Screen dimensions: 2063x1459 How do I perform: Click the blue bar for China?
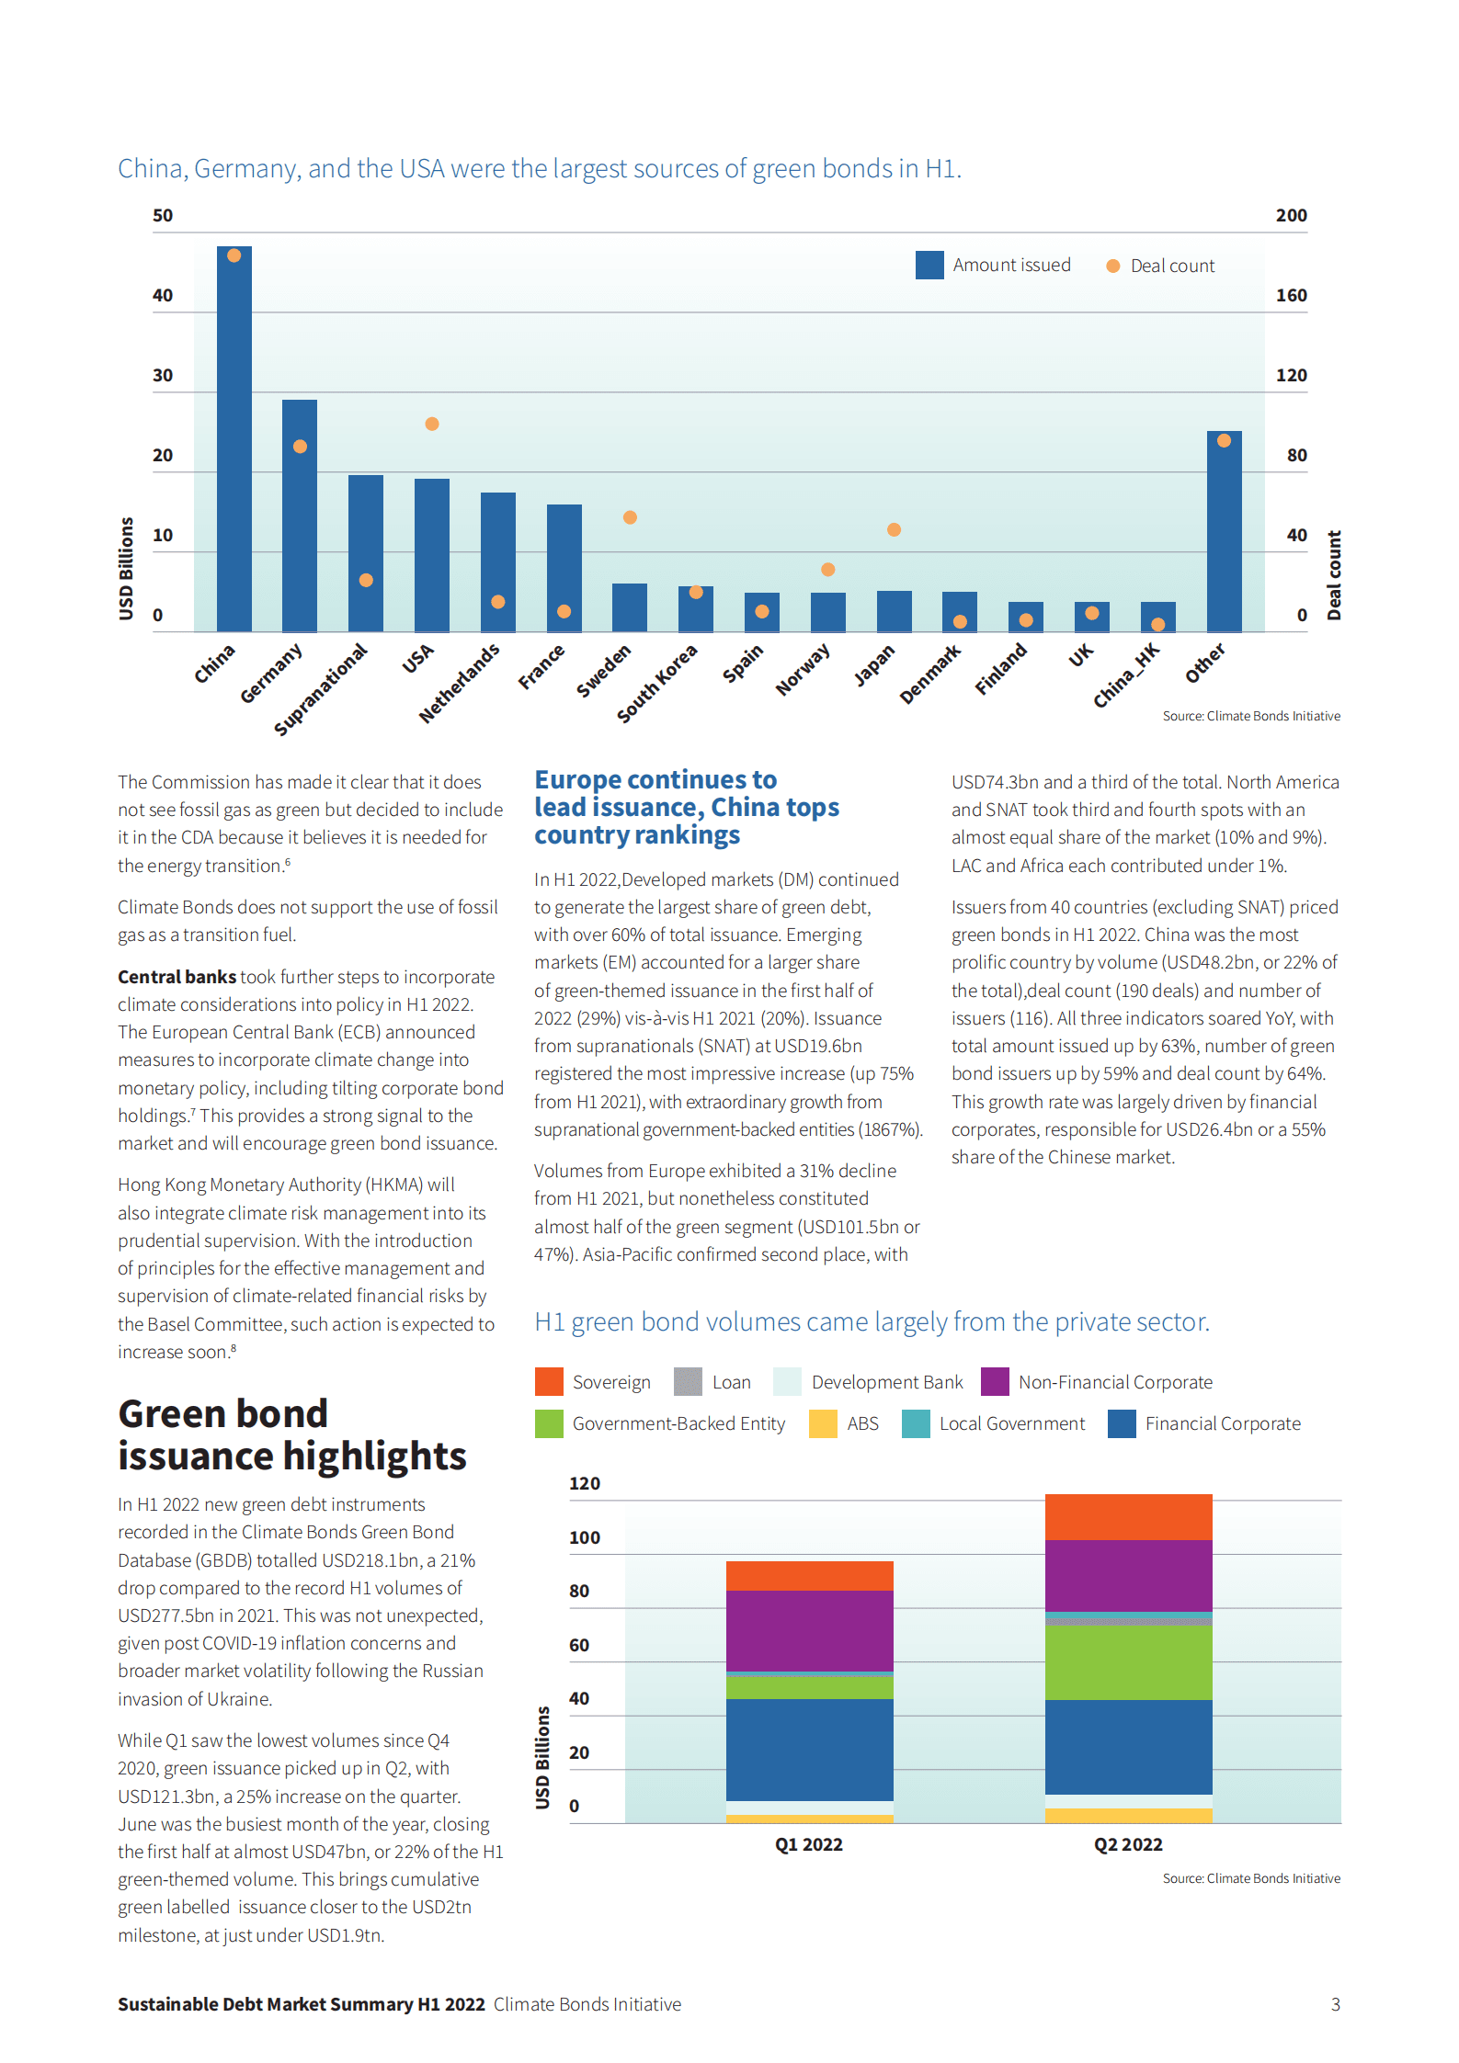(x=234, y=441)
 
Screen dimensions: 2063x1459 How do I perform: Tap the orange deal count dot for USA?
(x=432, y=424)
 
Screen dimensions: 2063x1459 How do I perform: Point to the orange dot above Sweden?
(x=630, y=517)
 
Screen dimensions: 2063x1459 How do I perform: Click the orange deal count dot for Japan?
(x=894, y=529)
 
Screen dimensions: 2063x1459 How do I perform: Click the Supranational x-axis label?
(x=321, y=689)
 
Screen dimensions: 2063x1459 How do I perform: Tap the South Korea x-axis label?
(x=657, y=684)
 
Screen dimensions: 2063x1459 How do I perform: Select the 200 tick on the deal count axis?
(x=1291, y=215)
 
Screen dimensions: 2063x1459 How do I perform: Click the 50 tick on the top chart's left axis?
(x=163, y=215)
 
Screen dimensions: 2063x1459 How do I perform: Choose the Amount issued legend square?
(x=929, y=266)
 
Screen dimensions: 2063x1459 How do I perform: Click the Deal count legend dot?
(x=1112, y=266)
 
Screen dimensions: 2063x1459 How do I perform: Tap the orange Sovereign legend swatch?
(x=549, y=1382)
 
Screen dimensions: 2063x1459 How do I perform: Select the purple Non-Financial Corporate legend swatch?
(x=995, y=1382)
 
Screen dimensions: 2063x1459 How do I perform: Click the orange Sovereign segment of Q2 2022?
(x=1128, y=1517)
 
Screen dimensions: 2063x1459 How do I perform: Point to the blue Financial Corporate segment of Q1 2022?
(x=809, y=1750)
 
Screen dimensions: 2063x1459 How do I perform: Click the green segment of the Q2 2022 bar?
(x=1128, y=1662)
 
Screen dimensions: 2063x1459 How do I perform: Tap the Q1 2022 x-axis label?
(x=809, y=1844)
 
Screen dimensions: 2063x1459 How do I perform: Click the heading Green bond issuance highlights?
(x=291, y=1434)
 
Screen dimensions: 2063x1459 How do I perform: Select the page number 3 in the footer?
(x=1336, y=2004)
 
